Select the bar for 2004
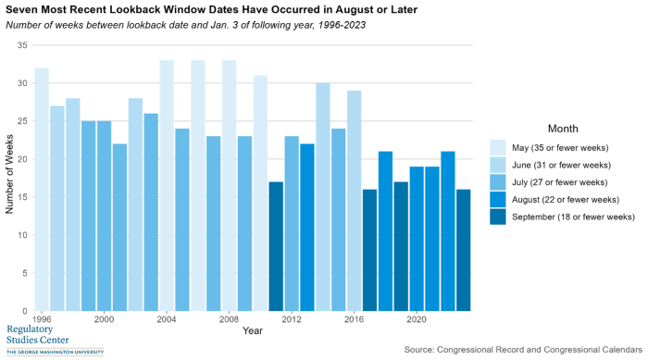(167, 185)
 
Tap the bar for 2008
(230, 185)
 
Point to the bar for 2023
(464, 250)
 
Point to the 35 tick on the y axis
(22, 45)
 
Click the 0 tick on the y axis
(25, 311)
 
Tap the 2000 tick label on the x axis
(104, 319)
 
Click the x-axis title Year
(252, 330)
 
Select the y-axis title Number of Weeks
(10, 177)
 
